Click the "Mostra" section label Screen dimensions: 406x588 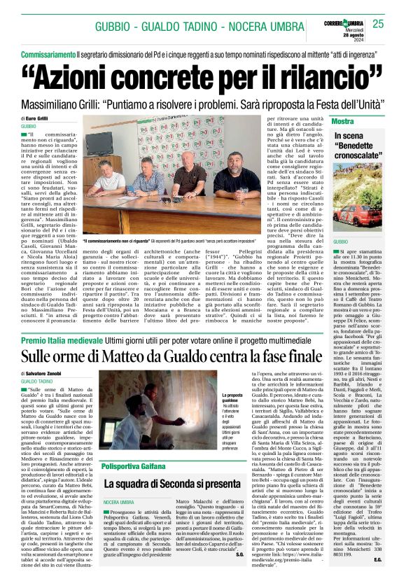click(342, 122)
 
